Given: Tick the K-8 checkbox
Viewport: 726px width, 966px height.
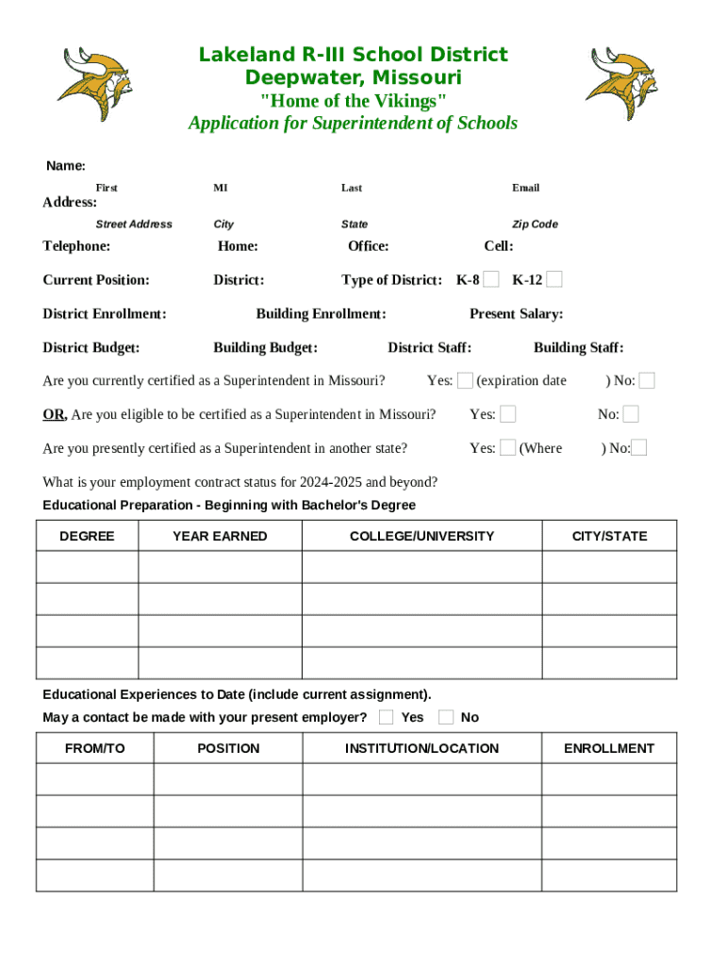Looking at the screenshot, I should click(x=491, y=279).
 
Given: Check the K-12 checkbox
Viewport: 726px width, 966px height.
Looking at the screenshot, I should click(x=554, y=279).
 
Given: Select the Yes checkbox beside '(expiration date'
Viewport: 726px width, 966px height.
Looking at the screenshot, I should click(x=465, y=380).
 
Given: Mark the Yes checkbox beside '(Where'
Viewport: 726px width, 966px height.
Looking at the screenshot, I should click(x=507, y=448).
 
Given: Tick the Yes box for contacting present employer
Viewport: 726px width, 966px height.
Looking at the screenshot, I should click(x=386, y=717).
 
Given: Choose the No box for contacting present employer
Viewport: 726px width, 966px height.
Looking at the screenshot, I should click(x=446, y=717).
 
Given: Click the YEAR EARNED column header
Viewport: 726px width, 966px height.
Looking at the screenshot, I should click(x=220, y=536).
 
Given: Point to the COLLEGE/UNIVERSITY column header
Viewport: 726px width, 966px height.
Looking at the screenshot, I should click(x=421, y=536).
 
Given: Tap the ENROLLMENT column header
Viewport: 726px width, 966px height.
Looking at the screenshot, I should click(x=608, y=748).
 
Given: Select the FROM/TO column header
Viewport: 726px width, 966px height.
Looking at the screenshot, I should click(x=94, y=748).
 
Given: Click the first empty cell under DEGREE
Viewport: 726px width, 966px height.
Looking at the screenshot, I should click(x=87, y=567).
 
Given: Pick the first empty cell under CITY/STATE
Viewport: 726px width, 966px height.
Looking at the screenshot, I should click(x=608, y=567).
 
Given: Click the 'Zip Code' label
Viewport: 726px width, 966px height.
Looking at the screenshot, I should click(x=535, y=225).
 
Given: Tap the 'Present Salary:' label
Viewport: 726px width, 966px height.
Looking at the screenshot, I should click(x=516, y=314).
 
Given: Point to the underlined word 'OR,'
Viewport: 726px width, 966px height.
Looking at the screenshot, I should click(x=55, y=414).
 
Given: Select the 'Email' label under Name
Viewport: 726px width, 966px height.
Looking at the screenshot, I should click(x=525, y=188).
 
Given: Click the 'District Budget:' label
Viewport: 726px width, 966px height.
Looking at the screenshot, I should click(x=91, y=347).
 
